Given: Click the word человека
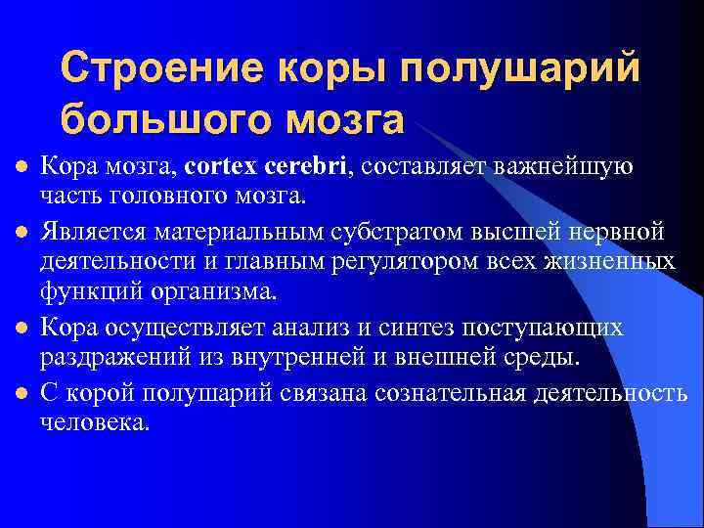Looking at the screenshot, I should [95, 422].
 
